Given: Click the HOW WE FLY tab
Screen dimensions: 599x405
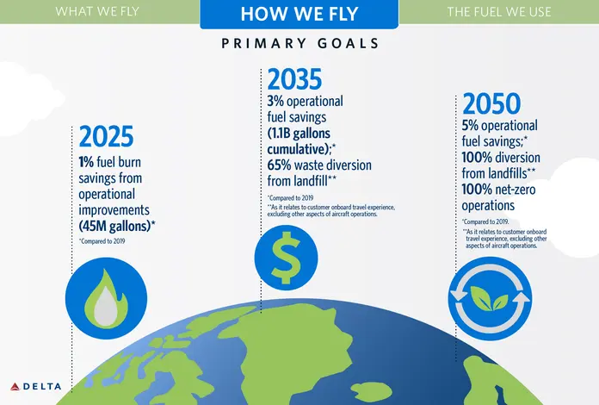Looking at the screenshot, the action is (x=299, y=14).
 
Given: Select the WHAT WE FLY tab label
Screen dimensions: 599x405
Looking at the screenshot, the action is (x=97, y=11).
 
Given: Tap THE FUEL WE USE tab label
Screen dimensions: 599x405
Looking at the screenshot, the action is (x=499, y=12).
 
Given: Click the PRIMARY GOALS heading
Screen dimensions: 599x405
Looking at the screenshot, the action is (x=300, y=43).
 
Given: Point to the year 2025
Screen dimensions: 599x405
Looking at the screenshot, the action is (x=106, y=136).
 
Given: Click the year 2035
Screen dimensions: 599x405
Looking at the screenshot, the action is (x=294, y=79).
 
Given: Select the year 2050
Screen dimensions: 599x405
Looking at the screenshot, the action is (x=491, y=103).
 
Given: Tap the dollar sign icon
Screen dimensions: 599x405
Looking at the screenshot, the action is (x=286, y=257).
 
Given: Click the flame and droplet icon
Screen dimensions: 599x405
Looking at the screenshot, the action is (x=106, y=298).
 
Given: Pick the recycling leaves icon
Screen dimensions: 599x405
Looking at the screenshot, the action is (x=490, y=298).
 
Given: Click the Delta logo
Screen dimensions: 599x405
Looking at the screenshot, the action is (x=36, y=386).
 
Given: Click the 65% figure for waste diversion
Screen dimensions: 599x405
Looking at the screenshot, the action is (x=279, y=165).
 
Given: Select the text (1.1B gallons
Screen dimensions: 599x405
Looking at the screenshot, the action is (x=299, y=134).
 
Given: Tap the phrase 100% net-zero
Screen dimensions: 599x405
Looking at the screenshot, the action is (x=498, y=190).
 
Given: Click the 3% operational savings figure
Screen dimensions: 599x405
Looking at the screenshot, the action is (x=275, y=102).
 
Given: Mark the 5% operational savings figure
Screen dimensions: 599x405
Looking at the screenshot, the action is (x=470, y=126).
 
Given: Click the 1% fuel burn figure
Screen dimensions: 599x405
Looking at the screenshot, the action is (x=86, y=162).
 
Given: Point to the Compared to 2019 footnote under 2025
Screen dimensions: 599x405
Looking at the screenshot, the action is (x=102, y=241).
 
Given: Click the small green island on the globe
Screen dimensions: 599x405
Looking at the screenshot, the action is (x=371, y=391).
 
